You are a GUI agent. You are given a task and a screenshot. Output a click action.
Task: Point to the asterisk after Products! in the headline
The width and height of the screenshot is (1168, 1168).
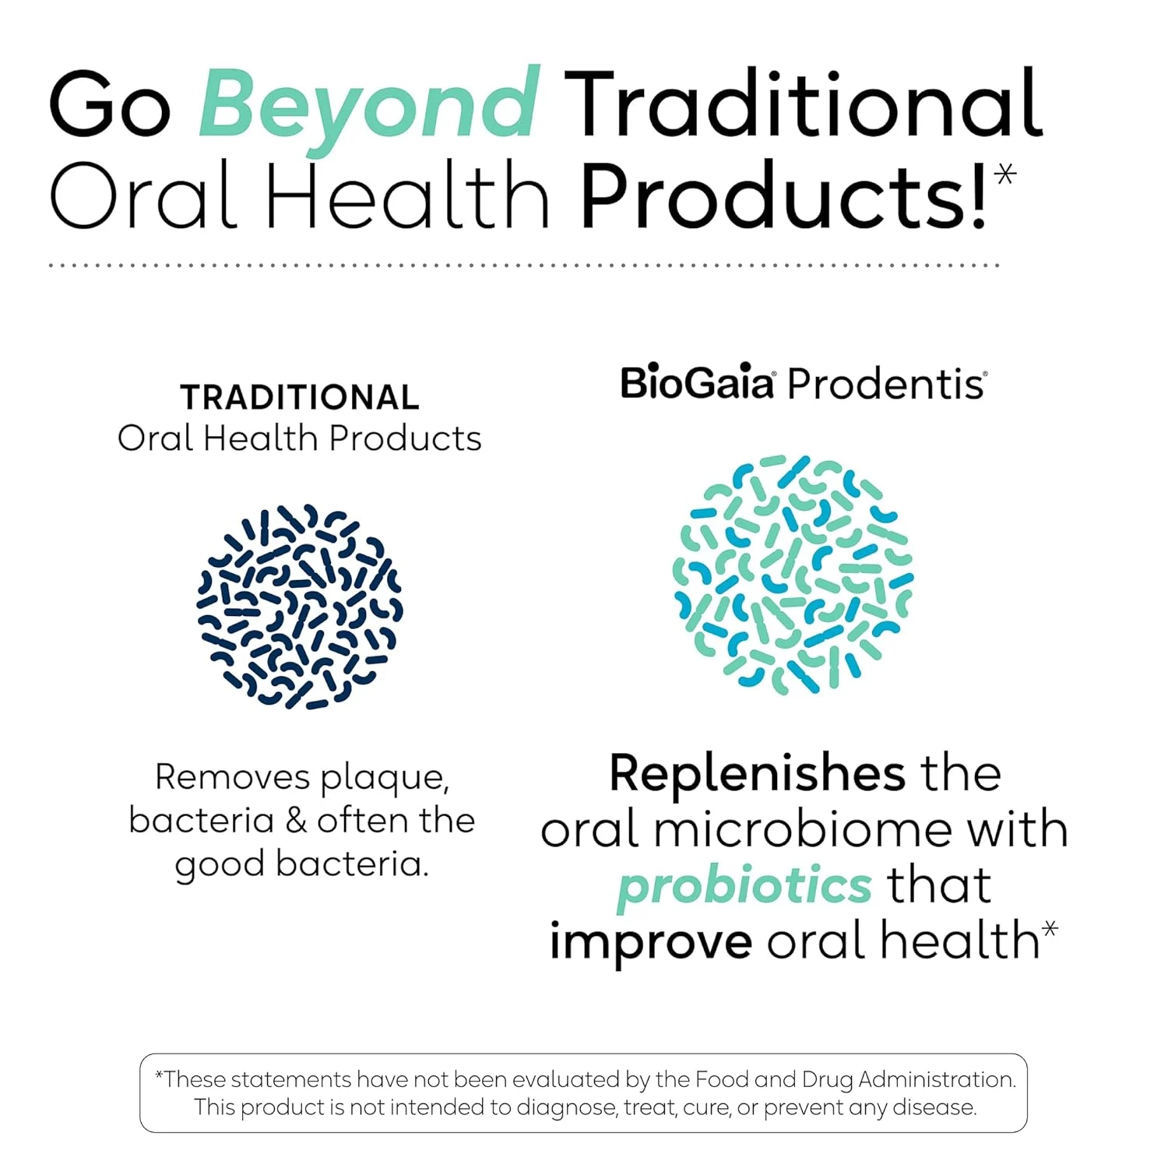1005,173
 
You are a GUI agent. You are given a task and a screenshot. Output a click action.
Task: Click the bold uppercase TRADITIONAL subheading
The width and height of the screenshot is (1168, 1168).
300,398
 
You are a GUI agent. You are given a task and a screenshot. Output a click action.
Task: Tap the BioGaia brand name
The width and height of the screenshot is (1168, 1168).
696,383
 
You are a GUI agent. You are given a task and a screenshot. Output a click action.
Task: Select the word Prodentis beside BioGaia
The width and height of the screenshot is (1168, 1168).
886,384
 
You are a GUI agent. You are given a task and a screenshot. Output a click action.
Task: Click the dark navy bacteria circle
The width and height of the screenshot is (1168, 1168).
300,607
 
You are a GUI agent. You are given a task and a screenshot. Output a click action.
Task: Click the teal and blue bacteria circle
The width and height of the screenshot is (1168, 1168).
793,575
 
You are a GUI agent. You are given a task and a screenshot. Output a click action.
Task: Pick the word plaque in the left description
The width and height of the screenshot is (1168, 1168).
385,778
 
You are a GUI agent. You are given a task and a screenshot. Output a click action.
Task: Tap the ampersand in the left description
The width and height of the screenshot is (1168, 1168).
296,821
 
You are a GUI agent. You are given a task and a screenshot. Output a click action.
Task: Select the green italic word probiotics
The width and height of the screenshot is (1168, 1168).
744,886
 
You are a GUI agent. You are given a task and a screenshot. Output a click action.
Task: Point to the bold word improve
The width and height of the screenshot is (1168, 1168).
651,942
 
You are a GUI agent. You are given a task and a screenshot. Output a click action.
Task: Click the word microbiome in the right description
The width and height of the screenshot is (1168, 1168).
802,830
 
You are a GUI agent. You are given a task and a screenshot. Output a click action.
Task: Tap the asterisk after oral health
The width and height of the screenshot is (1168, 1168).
1050,929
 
